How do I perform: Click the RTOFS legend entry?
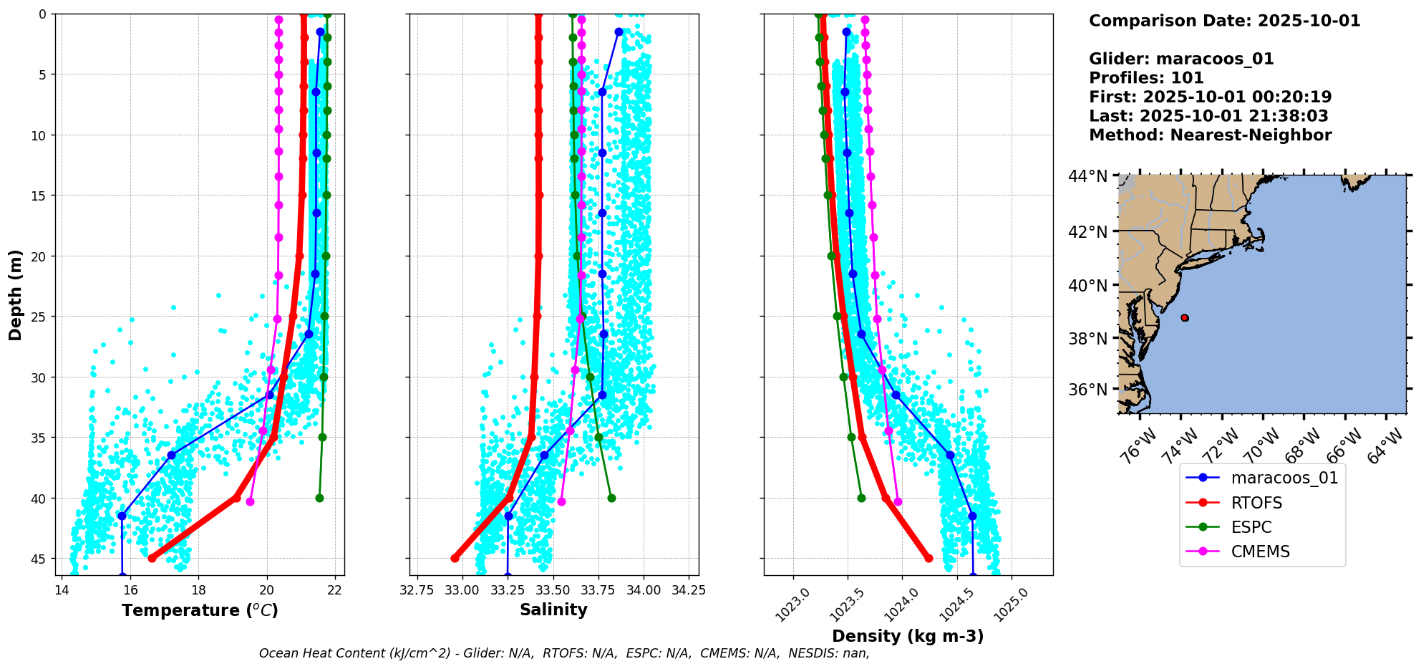[1256, 503]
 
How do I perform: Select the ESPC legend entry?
[1251, 527]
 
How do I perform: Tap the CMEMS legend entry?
[1260, 552]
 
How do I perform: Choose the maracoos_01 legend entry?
[1284, 478]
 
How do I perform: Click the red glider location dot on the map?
[1185, 317]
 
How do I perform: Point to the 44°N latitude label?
[1087, 176]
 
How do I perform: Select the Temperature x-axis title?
[200, 610]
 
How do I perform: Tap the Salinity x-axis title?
[553, 610]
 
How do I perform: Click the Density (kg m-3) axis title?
[908, 636]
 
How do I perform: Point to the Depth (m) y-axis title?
[16, 294]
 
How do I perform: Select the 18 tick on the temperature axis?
[198, 590]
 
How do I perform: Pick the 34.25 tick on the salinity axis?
[689, 590]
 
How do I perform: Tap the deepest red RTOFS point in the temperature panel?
[152, 558]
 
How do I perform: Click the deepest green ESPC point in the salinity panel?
[611, 498]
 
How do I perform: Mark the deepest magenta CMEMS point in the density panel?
[898, 501]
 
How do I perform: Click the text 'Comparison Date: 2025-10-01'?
[1224, 21]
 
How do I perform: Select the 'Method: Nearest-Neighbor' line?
[1210, 135]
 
